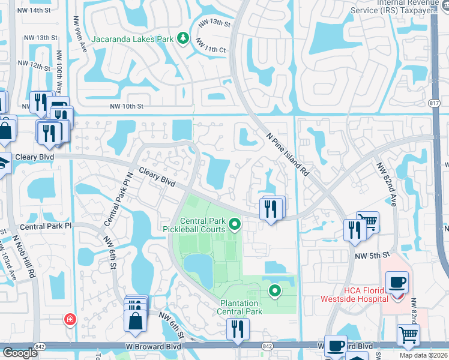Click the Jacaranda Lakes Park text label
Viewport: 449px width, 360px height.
(x=133, y=40)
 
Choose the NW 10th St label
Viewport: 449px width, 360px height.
(x=127, y=107)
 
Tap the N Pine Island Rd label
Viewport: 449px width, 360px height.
(x=288, y=154)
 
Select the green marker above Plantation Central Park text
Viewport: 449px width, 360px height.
(x=275, y=292)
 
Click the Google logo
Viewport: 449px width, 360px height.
(x=20, y=353)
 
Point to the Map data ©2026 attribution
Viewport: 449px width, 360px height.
(x=424, y=355)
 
